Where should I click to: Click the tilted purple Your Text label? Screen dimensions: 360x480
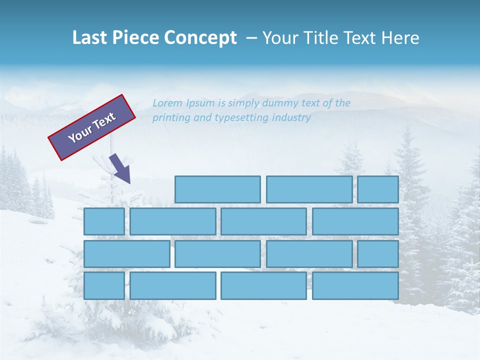tap(92, 127)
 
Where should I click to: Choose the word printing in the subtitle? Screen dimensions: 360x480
tap(170, 118)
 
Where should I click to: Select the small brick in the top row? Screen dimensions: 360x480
tap(378, 189)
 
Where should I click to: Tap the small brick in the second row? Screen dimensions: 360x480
tap(104, 221)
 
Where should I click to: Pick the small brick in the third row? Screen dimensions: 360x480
tap(378, 254)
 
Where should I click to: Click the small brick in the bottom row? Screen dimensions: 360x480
tap(104, 285)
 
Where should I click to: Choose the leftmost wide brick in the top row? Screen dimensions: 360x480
tap(217, 189)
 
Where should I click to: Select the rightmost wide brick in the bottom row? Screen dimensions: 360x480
tap(355, 285)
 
